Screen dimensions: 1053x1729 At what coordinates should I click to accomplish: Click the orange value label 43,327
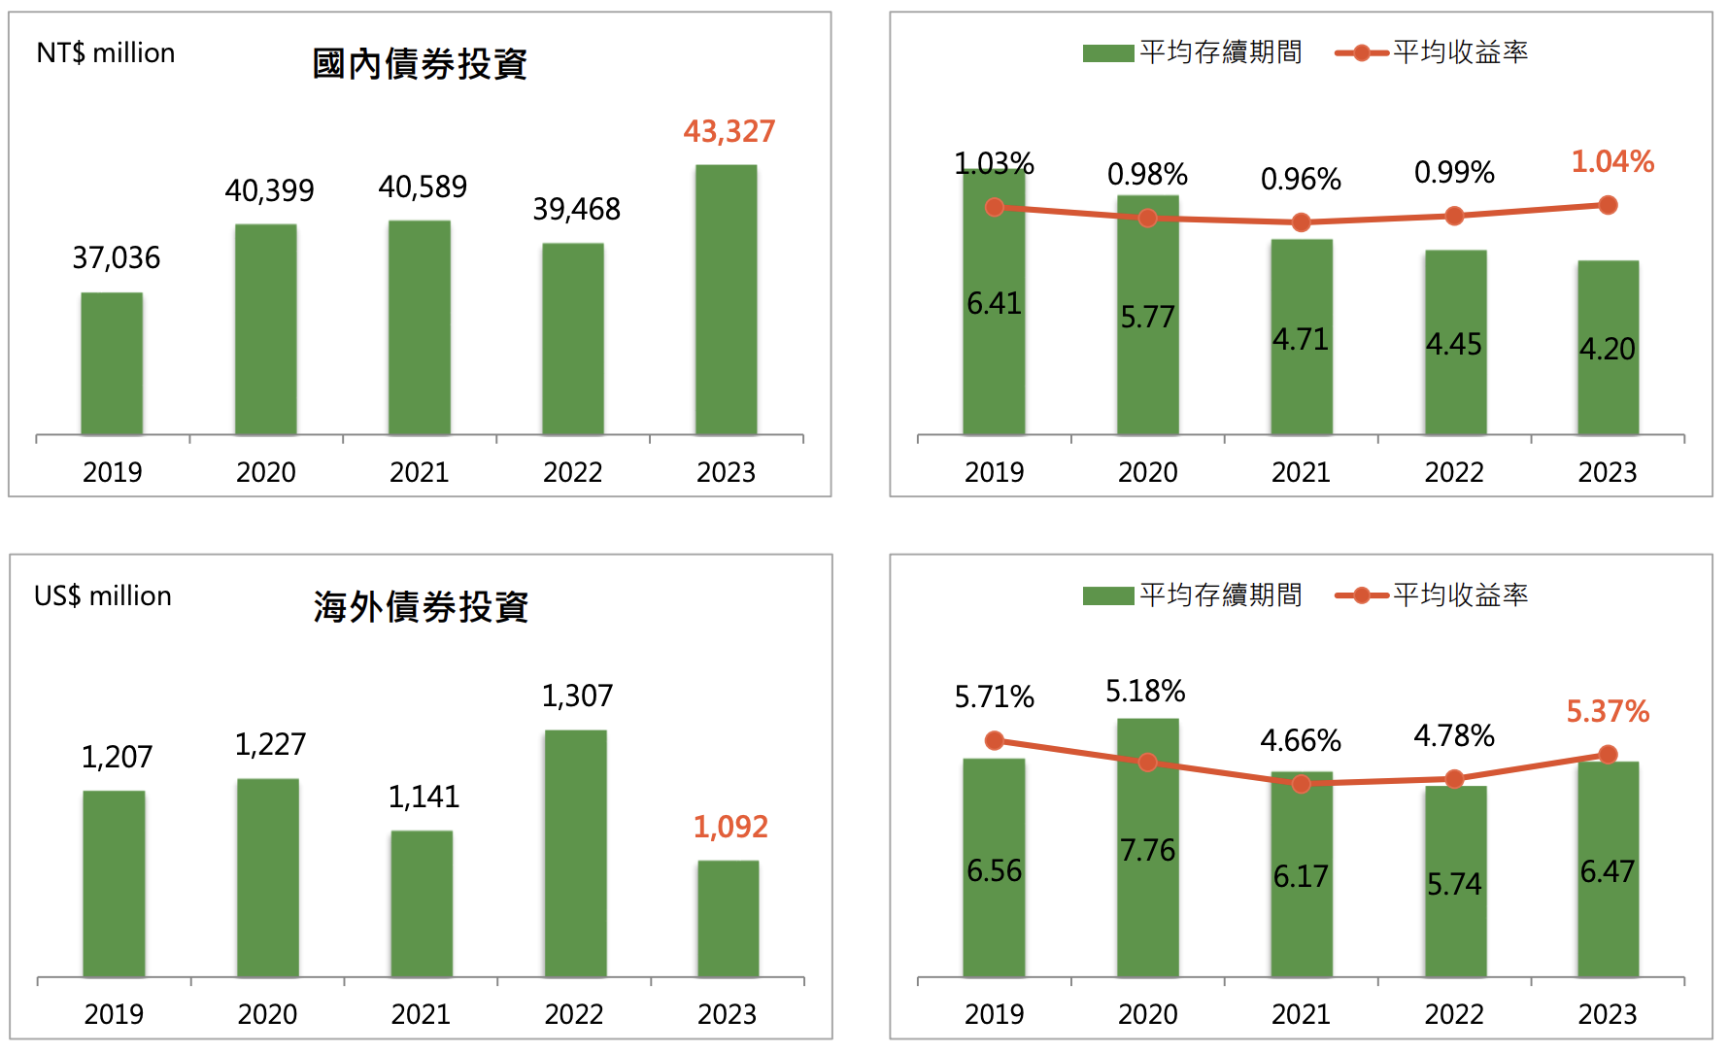(x=729, y=131)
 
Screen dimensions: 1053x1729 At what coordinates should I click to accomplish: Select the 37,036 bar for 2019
(x=112, y=363)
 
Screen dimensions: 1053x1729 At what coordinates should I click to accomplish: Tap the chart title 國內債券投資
(x=419, y=64)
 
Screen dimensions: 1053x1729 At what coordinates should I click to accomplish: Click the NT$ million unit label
(x=106, y=52)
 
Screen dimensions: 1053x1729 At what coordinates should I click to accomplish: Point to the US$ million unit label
(x=103, y=595)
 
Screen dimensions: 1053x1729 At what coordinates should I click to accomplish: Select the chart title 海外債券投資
(x=420, y=607)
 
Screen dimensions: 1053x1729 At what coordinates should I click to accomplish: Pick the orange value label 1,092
(x=730, y=827)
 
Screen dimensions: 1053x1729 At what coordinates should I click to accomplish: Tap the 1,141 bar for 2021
(x=422, y=903)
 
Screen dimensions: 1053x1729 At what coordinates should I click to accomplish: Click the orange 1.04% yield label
(x=1612, y=161)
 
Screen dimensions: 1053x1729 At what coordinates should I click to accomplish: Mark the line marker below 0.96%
(x=1301, y=222)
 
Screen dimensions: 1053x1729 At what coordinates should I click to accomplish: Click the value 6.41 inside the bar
(x=994, y=304)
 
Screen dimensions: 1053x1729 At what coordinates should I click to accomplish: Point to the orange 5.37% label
(x=1608, y=712)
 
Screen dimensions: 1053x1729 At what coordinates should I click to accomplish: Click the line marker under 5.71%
(x=994, y=741)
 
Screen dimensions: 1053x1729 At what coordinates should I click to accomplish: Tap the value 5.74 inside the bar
(x=1454, y=884)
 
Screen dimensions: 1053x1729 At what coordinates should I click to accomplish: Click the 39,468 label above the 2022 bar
(x=576, y=209)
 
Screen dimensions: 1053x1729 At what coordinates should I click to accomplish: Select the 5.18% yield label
(x=1145, y=692)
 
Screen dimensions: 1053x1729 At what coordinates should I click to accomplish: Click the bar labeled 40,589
(x=419, y=327)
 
